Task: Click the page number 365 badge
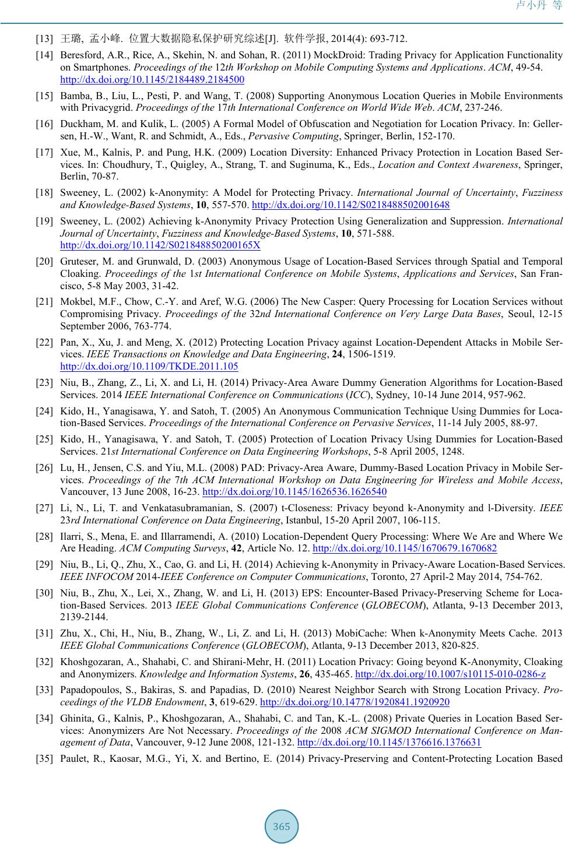[282, 827]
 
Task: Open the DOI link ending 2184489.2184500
[152, 79]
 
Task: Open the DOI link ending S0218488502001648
[351, 205]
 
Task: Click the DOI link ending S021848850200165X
[160, 245]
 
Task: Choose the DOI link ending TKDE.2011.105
[149, 366]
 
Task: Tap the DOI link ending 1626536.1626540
[294, 491]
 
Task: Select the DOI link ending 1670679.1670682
[405, 548]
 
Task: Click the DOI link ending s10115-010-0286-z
[450, 674]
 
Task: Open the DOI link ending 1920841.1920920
[355, 702]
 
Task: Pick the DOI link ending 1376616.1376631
[389, 742]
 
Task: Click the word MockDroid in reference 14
[335, 55]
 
